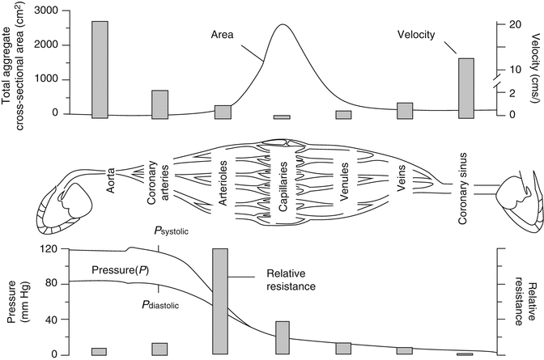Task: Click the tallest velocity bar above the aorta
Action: [x=100, y=70]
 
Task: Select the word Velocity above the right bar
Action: [x=418, y=35]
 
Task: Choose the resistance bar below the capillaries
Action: [x=282, y=337]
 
